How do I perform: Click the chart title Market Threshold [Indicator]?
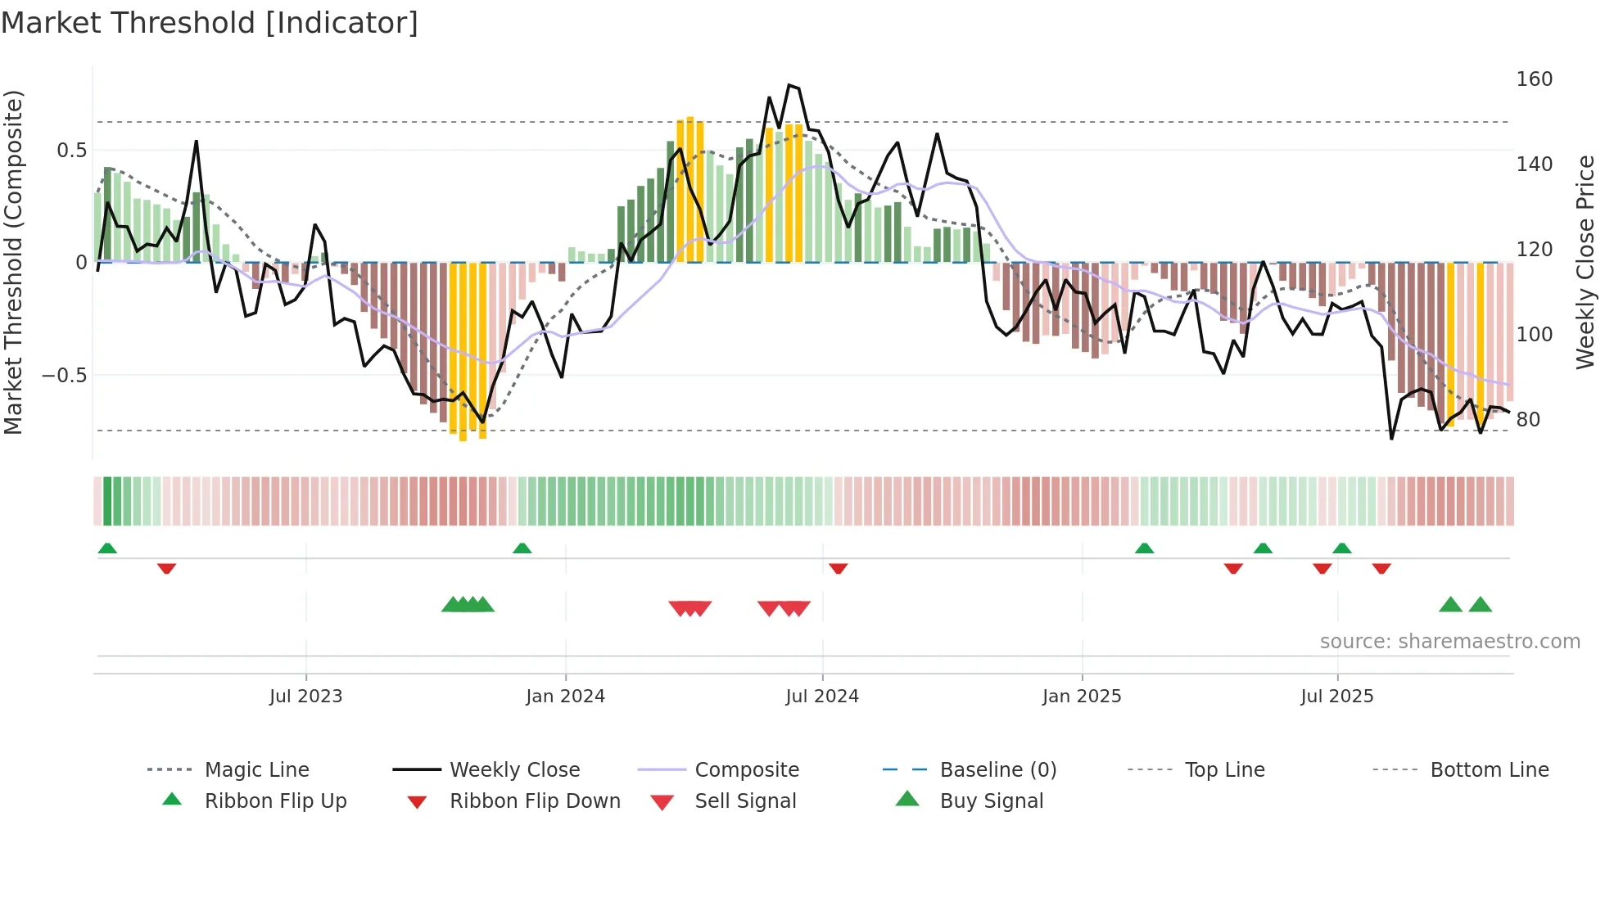coord(210,23)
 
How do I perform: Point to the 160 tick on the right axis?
coord(1534,79)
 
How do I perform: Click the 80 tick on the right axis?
coord(1527,420)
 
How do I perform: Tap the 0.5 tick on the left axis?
coord(72,151)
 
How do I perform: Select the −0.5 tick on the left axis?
coord(65,376)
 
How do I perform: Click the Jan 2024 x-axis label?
coord(565,697)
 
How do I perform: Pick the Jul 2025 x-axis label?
coord(1336,697)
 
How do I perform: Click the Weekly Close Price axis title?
coord(1585,262)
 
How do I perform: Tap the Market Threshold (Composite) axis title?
coord(14,262)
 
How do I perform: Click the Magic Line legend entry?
coord(256,770)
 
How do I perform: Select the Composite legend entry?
coord(746,770)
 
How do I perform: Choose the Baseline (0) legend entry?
coord(997,770)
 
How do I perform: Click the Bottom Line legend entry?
coord(1489,770)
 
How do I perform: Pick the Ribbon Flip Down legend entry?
coord(534,801)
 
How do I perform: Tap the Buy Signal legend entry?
coord(991,801)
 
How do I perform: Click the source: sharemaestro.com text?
coord(1449,642)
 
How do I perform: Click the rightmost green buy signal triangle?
coord(1480,606)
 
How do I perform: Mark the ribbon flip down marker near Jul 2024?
coord(838,568)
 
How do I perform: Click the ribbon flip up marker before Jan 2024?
coord(522,548)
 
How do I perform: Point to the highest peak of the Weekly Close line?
coord(789,85)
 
